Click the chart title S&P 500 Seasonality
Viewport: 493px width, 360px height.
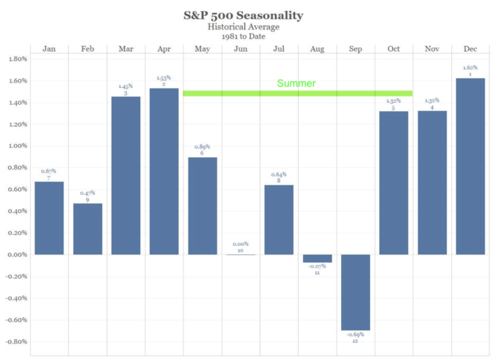click(x=243, y=15)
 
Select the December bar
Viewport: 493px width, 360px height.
click(x=470, y=166)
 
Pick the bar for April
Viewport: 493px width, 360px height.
click(x=164, y=171)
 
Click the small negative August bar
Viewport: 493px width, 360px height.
click(x=317, y=258)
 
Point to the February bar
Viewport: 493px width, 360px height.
click(x=87, y=229)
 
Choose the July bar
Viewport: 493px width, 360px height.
click(x=279, y=220)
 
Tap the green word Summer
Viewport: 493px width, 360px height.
click(x=296, y=83)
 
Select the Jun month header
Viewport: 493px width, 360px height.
click(x=241, y=49)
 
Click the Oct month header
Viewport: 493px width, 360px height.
click(x=394, y=49)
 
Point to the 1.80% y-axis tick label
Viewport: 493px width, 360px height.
click(x=18, y=59)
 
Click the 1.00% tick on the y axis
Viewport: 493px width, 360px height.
click(x=18, y=146)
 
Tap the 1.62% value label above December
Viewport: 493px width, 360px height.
click(x=470, y=68)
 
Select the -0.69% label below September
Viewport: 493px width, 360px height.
click(x=355, y=334)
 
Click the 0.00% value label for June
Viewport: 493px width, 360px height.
click(x=240, y=244)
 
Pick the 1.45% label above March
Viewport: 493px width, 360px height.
click(x=126, y=86)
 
